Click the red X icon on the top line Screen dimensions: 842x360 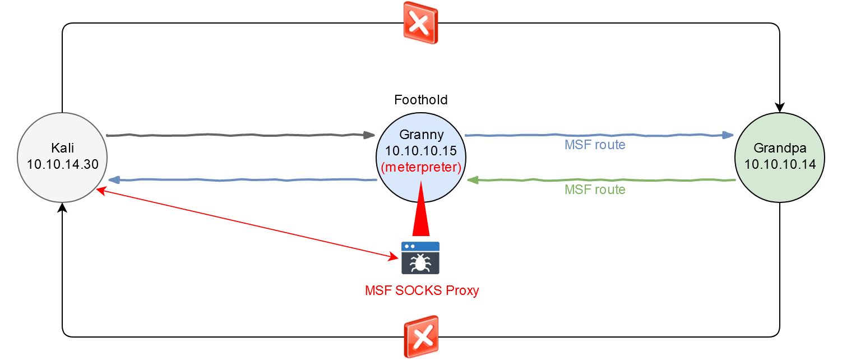coord(420,23)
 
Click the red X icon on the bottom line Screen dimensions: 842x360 coord(421,336)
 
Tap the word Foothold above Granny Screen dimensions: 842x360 coord(420,100)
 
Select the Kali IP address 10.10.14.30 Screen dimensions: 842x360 coord(62,164)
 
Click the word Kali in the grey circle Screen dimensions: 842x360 coord(62,148)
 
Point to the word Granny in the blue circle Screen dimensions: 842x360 coord(421,134)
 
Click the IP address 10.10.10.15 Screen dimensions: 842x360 coord(420,150)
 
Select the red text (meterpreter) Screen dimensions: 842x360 coord(421,167)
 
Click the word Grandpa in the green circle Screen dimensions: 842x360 coord(780,148)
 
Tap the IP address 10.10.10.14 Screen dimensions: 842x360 coord(780,164)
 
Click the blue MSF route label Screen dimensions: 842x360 coord(595,145)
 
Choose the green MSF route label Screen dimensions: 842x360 coord(595,189)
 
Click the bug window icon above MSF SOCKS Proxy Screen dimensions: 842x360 coord(420,258)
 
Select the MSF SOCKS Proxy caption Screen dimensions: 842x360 coord(422,290)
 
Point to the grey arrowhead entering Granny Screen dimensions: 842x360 coord(369,135)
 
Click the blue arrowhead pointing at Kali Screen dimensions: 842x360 coord(114,180)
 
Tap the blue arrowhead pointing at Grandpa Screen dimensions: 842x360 coord(728,135)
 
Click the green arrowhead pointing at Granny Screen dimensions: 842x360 coord(473,180)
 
